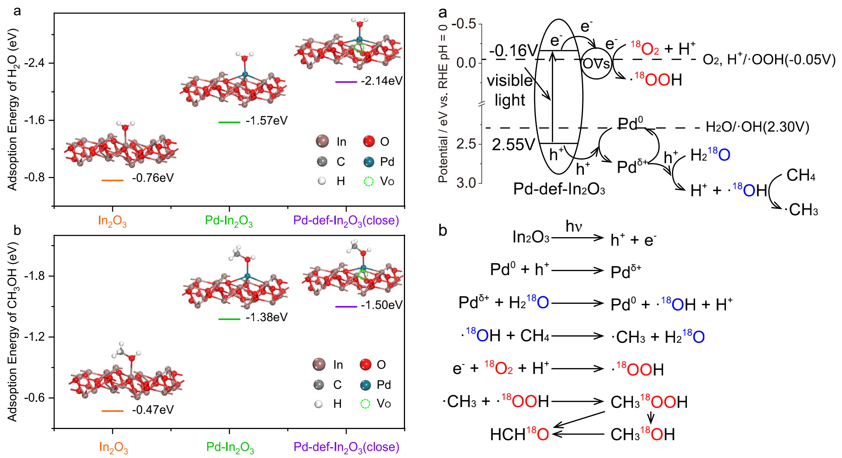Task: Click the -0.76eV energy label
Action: (x=152, y=178)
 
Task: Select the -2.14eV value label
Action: (x=382, y=81)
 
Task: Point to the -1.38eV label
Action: (x=266, y=317)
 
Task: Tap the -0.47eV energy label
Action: (x=152, y=410)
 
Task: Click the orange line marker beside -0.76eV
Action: (x=112, y=180)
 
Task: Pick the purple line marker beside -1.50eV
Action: (x=346, y=307)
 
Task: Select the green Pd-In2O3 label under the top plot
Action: (x=229, y=221)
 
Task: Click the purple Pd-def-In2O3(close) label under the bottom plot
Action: (x=346, y=447)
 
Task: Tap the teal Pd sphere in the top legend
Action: (x=369, y=162)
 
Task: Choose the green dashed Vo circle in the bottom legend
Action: (x=366, y=404)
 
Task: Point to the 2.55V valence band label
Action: (x=513, y=145)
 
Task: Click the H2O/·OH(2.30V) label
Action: (x=758, y=128)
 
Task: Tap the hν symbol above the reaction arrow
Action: (x=573, y=226)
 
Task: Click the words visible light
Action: (x=510, y=90)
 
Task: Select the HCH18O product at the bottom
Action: (x=519, y=434)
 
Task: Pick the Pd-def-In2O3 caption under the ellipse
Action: (x=559, y=190)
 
